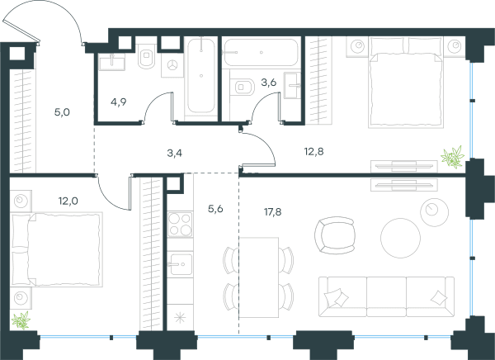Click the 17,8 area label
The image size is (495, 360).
point(273,212)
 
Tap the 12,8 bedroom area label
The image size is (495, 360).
point(313,152)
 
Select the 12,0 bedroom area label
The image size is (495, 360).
point(68,201)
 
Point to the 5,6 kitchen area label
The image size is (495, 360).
point(215,209)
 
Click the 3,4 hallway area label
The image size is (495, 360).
point(175,154)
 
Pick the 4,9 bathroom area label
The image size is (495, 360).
point(119,102)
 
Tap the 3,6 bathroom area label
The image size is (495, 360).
point(269,83)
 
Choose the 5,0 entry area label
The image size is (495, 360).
point(62,112)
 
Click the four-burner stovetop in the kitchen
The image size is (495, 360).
point(180,225)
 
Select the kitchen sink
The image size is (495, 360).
point(180,264)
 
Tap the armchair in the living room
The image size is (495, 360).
point(335,235)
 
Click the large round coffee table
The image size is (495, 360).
point(400,238)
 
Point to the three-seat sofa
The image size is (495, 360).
point(386,296)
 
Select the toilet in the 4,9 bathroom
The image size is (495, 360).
point(147,56)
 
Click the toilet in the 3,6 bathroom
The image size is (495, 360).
point(244,87)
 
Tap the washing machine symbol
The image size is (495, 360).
point(172,65)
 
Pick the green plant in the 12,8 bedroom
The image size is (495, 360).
point(453,157)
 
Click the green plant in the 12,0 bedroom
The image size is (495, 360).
point(21,320)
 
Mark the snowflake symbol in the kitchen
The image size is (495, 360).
point(180,318)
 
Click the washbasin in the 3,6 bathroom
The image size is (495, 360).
point(293,85)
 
